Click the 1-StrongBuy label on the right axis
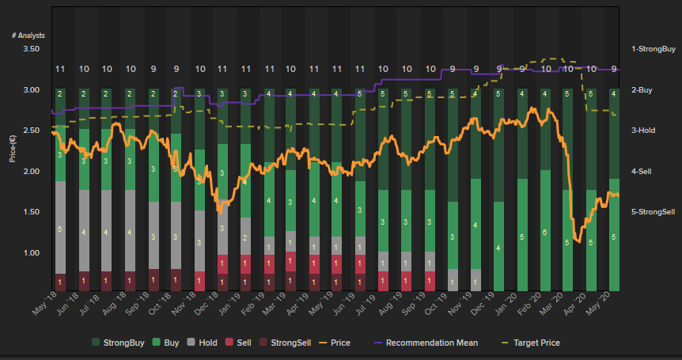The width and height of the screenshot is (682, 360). tap(652, 49)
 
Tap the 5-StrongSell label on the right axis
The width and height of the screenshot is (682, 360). tap(652, 212)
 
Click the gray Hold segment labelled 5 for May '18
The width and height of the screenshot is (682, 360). tap(60, 229)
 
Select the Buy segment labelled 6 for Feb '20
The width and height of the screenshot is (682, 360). tap(545, 232)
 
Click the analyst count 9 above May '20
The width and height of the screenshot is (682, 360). tap(615, 69)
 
